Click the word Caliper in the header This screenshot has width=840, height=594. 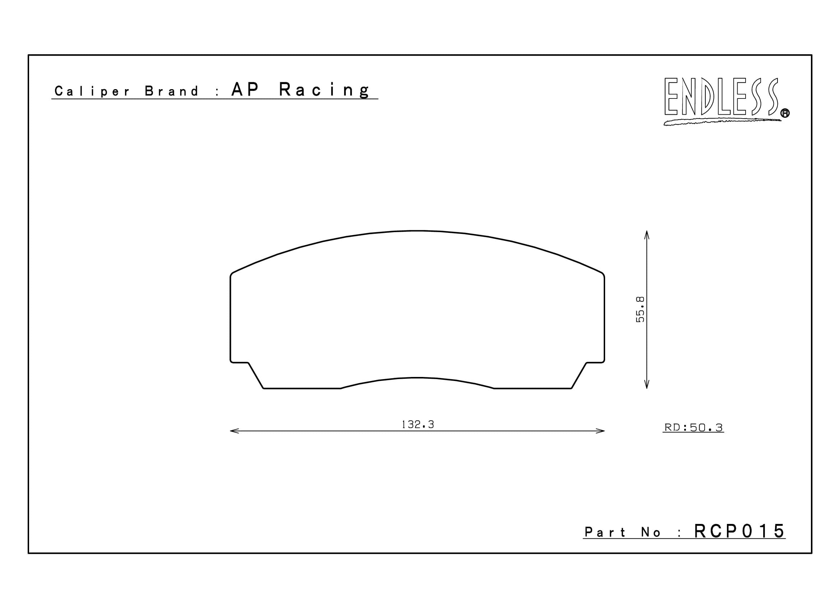click(92, 91)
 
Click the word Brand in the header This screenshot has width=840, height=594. click(171, 91)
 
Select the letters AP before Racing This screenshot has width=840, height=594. click(245, 90)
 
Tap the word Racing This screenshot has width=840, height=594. click(325, 90)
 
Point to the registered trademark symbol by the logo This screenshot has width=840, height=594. click(785, 114)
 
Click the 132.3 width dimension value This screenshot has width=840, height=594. click(417, 424)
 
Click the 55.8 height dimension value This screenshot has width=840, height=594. click(640, 310)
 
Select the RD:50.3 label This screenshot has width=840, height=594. click(693, 428)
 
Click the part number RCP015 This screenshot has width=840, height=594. click(739, 531)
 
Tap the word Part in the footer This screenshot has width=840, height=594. click(605, 532)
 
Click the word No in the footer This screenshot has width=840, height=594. click(651, 533)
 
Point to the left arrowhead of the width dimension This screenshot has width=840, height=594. click(233, 431)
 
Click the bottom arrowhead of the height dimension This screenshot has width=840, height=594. click(646, 385)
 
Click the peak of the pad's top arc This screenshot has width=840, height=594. click(417, 231)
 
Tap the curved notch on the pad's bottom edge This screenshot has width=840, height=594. click(417, 378)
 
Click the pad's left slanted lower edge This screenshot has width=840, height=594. click(256, 376)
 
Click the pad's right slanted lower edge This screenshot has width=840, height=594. click(579, 376)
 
